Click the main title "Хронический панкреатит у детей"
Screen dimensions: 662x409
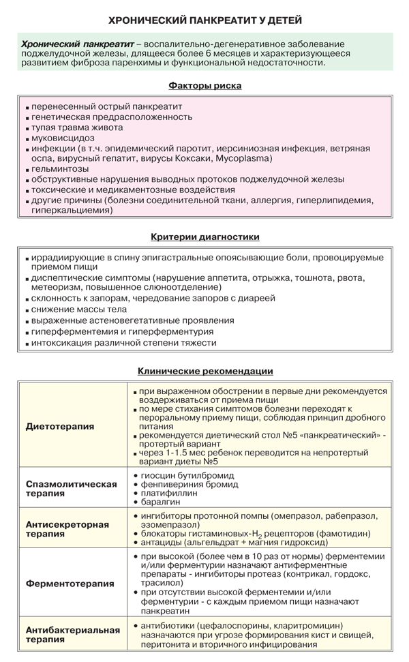click(204, 20)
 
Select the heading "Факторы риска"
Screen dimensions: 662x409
click(204, 86)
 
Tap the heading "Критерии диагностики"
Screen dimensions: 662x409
click(204, 237)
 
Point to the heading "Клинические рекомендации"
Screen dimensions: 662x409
click(205, 371)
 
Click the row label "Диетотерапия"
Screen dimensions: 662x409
click(60, 426)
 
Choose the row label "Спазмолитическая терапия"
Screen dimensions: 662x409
click(71, 488)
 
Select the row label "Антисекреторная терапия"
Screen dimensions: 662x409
click(67, 529)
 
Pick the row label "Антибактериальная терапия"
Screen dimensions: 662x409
click(71, 634)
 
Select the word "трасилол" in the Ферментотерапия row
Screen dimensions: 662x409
click(162, 583)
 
